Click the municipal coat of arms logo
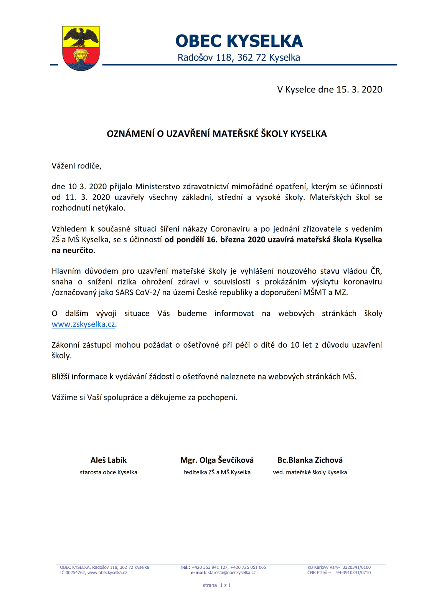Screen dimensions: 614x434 [x=81, y=48]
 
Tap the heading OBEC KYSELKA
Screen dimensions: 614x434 [x=239, y=41]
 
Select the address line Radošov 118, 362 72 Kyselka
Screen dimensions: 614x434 [x=239, y=58]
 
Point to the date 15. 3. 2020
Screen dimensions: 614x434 [x=359, y=89]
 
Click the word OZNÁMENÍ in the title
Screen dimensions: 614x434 [x=130, y=134]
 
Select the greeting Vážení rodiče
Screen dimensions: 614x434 [x=76, y=166]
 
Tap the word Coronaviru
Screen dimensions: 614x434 [x=230, y=229]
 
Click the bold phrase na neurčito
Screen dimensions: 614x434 [x=73, y=251]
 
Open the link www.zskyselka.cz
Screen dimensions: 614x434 [x=83, y=324]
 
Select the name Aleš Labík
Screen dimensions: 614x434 [x=109, y=460]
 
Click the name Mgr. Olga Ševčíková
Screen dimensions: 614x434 [x=217, y=460]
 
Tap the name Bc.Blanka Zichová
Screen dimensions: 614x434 [x=310, y=460]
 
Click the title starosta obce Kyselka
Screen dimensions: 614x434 [x=109, y=472]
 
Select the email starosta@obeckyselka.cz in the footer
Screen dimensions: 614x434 [x=232, y=573]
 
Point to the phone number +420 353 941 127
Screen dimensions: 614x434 [x=210, y=567]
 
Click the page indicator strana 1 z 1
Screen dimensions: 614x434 [x=217, y=585]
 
